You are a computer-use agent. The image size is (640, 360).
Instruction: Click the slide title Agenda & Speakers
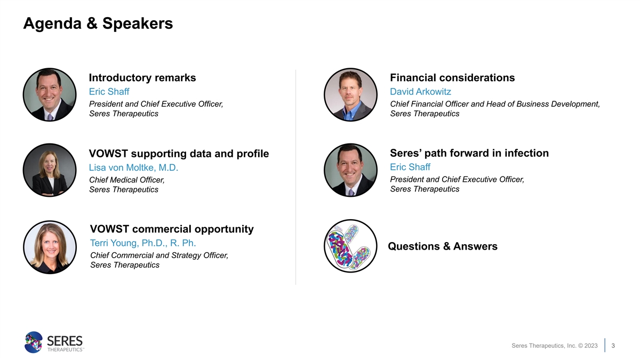(98, 23)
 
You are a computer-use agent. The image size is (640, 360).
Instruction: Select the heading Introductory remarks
(142, 78)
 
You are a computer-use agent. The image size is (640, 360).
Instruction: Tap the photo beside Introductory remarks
(50, 94)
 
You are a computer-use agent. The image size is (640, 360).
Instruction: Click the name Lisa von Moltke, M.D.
(133, 167)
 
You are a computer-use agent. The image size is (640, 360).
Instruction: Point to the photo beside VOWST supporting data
(50, 170)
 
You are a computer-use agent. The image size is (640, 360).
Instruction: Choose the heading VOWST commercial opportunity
(172, 229)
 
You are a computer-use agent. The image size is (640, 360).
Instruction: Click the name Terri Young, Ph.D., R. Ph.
(143, 243)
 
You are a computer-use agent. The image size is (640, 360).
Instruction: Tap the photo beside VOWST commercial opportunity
(50, 247)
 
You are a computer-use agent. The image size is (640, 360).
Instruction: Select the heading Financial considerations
(452, 78)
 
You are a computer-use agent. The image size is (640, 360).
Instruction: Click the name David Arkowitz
(420, 91)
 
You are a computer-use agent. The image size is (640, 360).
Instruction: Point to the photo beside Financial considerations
(350, 94)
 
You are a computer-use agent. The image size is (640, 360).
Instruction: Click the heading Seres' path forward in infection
(469, 153)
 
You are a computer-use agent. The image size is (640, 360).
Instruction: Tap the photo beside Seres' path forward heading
(350, 170)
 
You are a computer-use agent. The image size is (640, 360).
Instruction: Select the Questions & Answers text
(443, 246)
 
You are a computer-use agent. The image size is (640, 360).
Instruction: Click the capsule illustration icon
(350, 246)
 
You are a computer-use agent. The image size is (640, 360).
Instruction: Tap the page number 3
(613, 346)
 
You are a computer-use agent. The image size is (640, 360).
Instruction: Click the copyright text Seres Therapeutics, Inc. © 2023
(554, 346)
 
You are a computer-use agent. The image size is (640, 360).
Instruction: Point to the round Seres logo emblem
(34, 342)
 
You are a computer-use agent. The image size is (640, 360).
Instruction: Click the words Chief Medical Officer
(126, 180)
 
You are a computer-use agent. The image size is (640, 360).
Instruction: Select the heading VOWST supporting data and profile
(179, 154)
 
